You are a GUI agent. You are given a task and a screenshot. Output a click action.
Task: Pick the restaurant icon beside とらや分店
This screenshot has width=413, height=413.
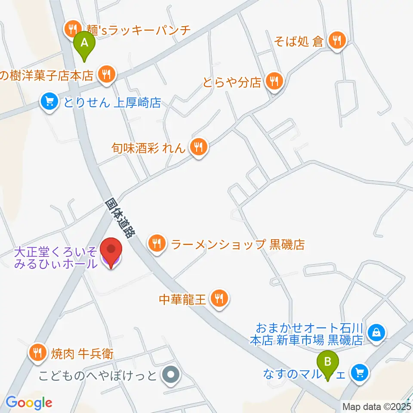pos(274,80)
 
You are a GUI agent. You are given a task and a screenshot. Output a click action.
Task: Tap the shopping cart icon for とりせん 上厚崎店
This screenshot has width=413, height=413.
pos(50,102)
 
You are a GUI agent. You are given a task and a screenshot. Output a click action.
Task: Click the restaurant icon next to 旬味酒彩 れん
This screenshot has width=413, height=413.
pos(199,148)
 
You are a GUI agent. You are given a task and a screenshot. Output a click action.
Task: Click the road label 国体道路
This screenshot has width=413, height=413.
pos(120,219)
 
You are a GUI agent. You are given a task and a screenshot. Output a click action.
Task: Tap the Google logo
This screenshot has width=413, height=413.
pos(29,403)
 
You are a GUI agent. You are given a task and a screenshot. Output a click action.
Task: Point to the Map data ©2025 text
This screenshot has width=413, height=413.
pos(376,406)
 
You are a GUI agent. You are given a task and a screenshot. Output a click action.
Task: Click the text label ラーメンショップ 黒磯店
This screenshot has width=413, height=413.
pos(238,245)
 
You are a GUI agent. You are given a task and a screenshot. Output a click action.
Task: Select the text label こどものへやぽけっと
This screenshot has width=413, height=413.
pos(97,375)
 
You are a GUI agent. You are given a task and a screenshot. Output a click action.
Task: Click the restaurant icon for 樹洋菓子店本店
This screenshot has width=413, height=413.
pos(106,75)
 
